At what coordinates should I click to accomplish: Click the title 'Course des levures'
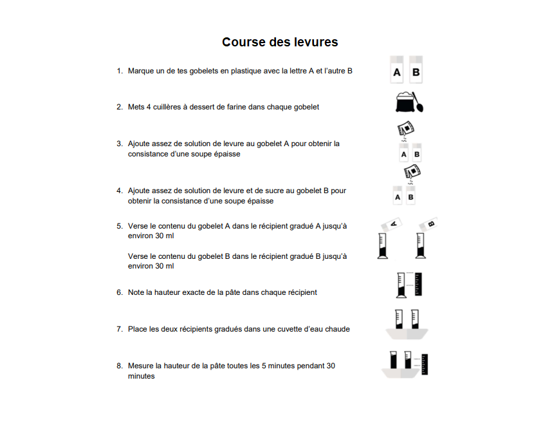click(280, 42)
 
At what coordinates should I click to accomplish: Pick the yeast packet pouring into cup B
click(412, 172)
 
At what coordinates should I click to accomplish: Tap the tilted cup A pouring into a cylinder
click(393, 223)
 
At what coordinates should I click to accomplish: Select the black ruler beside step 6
click(419, 286)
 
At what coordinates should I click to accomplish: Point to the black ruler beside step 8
click(425, 364)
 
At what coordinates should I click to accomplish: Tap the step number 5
click(119, 226)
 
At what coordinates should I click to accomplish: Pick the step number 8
click(119, 366)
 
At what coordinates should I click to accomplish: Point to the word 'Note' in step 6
click(136, 292)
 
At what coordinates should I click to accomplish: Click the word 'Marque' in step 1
click(140, 71)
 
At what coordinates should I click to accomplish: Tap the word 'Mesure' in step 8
click(141, 366)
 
